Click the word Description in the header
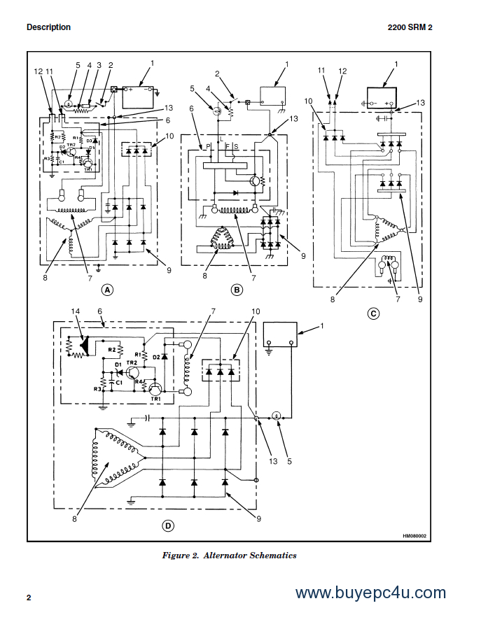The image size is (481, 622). pos(48,27)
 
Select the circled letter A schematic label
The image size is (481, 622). pos(107,289)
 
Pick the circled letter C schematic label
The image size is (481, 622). pos(373,313)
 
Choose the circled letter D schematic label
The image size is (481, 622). pos(168,525)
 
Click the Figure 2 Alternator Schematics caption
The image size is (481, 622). pos(230,556)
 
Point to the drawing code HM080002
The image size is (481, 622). pos(414,536)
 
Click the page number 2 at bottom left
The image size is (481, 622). pos(29,598)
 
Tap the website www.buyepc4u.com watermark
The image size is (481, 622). pos(370,593)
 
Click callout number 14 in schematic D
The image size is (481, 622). pos(76,311)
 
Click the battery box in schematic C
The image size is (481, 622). pos(382,96)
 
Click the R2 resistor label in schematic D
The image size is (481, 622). pos(112,348)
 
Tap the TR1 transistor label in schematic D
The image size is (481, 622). pos(155,398)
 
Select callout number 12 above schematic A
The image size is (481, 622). pos(38,71)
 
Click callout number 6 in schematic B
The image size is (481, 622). pos(190,108)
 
